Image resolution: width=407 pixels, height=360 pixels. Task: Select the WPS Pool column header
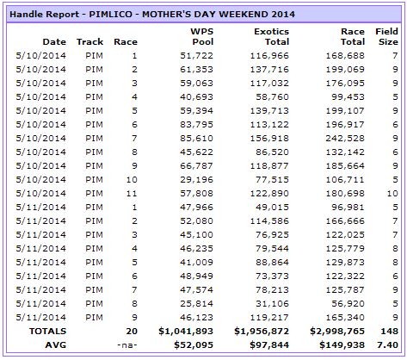(202, 36)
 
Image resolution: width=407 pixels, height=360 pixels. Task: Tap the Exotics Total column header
(271, 36)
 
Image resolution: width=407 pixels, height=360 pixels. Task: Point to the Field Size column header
(386, 36)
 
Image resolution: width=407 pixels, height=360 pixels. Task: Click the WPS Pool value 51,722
(196, 55)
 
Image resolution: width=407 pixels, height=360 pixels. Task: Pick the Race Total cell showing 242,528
(345, 138)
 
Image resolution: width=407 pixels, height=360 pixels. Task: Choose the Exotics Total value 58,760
(272, 96)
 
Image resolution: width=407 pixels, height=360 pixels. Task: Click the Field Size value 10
(392, 193)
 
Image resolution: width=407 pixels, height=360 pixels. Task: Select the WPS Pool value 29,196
(196, 179)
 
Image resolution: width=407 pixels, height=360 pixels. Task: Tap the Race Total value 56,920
(348, 303)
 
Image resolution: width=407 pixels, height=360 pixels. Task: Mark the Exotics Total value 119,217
(269, 317)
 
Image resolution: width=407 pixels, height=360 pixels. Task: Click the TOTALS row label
(47, 331)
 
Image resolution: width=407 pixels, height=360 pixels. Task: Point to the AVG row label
(56, 344)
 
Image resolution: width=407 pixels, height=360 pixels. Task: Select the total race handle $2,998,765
(337, 331)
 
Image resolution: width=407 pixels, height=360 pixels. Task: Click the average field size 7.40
(387, 344)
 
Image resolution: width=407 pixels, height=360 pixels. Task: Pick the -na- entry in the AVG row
(127, 344)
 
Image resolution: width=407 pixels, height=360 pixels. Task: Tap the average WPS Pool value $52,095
(194, 344)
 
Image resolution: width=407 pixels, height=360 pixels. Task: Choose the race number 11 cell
(132, 193)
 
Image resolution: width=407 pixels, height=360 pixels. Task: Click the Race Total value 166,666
(345, 220)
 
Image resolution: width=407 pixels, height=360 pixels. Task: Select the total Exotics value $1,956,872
(262, 331)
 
